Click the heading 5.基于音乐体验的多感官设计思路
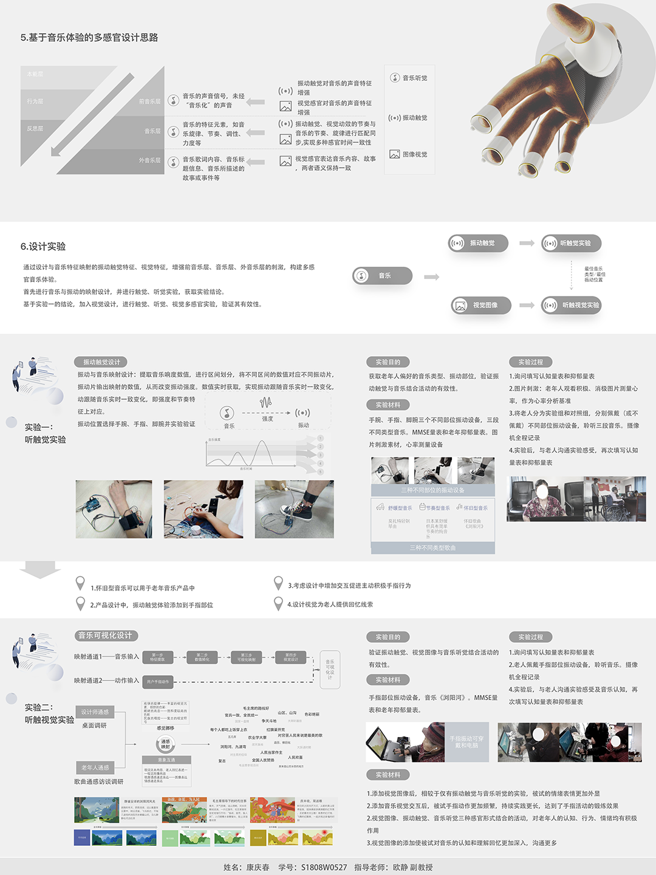(x=89, y=38)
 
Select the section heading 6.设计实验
(x=43, y=246)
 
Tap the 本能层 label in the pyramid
(x=35, y=74)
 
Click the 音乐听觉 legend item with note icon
(x=409, y=78)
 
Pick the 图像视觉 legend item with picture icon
(x=409, y=154)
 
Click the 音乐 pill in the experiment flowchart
(x=382, y=276)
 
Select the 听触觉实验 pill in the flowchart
(x=572, y=243)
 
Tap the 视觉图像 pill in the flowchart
(x=481, y=305)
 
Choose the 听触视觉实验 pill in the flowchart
(x=572, y=305)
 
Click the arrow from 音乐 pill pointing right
(x=431, y=277)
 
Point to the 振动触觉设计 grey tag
(x=101, y=362)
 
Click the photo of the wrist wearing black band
(x=114, y=509)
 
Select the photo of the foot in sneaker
(x=294, y=509)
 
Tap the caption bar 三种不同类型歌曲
(x=432, y=547)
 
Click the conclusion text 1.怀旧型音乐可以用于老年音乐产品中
(x=142, y=588)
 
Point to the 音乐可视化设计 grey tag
(x=106, y=636)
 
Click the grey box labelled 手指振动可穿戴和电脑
(x=466, y=742)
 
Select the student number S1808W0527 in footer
(x=324, y=867)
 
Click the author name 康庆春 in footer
(x=258, y=867)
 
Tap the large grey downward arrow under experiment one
(x=39, y=570)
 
